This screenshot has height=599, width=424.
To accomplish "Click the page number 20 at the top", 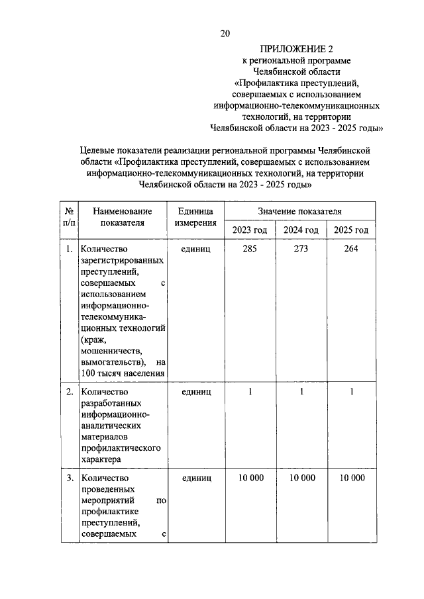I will point(225,34).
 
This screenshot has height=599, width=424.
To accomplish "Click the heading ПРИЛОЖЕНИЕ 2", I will point(299,49).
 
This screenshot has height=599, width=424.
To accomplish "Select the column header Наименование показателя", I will point(123,217).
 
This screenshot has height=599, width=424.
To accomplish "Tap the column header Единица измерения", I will point(195,217).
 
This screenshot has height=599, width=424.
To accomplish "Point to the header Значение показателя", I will point(300,211).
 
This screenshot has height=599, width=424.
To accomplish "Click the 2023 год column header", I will point(249,230).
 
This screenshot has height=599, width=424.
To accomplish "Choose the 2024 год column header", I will point(301,230).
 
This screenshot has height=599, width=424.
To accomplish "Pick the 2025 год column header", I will point(351,230).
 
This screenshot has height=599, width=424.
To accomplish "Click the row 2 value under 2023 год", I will point(250,392).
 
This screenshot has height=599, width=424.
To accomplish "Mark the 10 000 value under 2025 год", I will point(351,478).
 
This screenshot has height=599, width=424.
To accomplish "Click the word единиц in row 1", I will point(195,250).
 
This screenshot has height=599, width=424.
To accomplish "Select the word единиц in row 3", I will point(195,478).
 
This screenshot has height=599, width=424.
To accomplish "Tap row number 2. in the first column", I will point(69,392).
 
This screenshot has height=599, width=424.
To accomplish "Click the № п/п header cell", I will point(69,217).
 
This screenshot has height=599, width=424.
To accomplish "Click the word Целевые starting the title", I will point(98,151).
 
